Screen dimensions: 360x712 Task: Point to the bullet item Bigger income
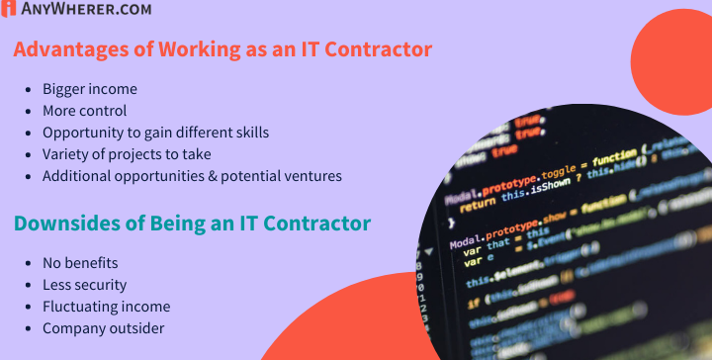[89, 89]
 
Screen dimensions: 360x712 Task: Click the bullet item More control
[84, 111]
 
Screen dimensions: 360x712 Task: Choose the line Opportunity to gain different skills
[155, 133]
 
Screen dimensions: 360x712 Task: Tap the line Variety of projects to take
[127, 154]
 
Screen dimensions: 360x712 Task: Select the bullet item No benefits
[80, 263]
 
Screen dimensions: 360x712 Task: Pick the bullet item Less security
[85, 285]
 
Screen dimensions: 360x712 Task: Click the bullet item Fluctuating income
[106, 307]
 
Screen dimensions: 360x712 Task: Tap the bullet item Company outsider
[103, 328]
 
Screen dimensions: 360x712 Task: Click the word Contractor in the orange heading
[375, 48]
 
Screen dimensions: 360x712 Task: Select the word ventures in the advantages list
[312, 176]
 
